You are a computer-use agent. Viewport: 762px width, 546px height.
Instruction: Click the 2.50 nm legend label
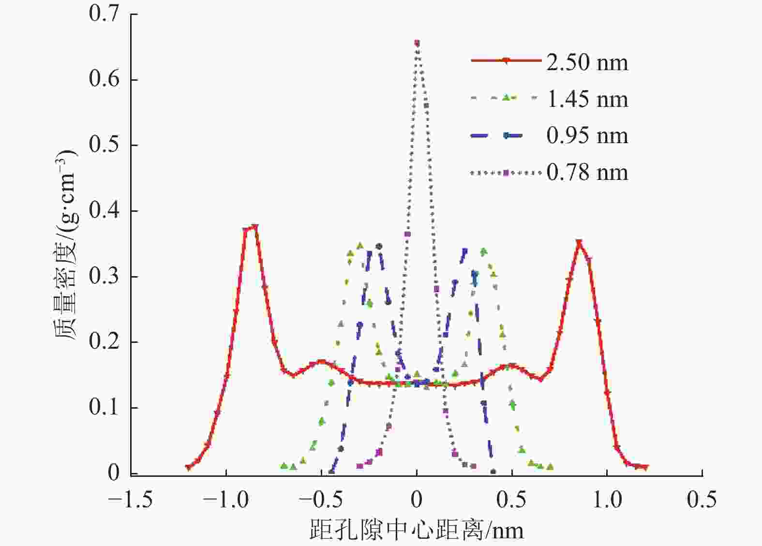587,62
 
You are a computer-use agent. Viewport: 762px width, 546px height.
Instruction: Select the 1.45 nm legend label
587,99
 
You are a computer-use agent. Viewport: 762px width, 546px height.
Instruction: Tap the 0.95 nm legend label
587,135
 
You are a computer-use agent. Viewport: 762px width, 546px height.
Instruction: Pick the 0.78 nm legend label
587,172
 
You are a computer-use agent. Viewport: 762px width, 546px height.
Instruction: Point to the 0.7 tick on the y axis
104,14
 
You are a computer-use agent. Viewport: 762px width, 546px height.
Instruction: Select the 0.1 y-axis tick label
104,408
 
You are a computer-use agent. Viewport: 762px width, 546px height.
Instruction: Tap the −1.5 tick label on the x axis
130,500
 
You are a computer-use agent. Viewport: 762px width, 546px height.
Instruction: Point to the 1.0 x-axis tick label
607,500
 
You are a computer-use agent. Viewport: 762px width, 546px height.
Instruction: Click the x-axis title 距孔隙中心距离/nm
416,530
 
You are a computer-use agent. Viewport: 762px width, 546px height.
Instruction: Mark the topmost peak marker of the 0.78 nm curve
417,44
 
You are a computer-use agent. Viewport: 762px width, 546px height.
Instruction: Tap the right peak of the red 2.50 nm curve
579,242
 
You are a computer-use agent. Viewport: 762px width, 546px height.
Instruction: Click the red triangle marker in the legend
506,60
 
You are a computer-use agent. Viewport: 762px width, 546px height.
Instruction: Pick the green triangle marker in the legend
506,98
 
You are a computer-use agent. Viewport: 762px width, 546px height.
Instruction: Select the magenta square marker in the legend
506,173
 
